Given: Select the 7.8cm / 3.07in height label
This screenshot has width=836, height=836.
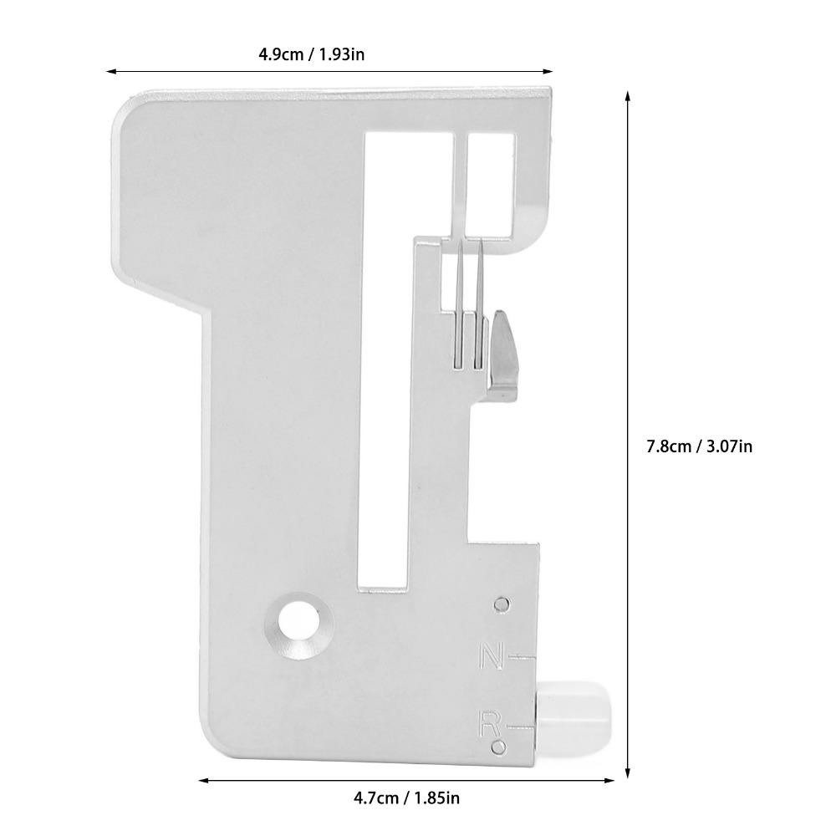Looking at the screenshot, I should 699,446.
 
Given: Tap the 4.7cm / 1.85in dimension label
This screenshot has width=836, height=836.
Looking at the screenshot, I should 406,798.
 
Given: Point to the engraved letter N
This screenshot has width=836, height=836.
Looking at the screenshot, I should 492,657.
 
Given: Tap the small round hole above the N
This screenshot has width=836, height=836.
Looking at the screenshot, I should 501,604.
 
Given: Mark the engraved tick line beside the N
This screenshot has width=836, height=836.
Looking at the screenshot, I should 522,659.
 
